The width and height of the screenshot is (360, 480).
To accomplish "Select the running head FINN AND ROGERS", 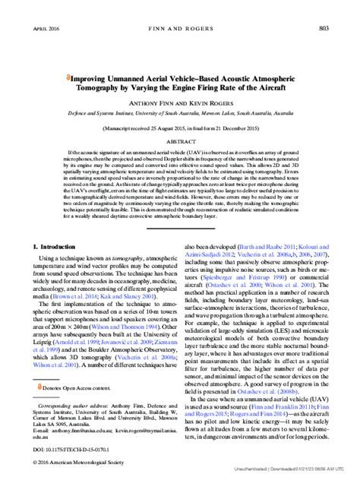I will (180, 7).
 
